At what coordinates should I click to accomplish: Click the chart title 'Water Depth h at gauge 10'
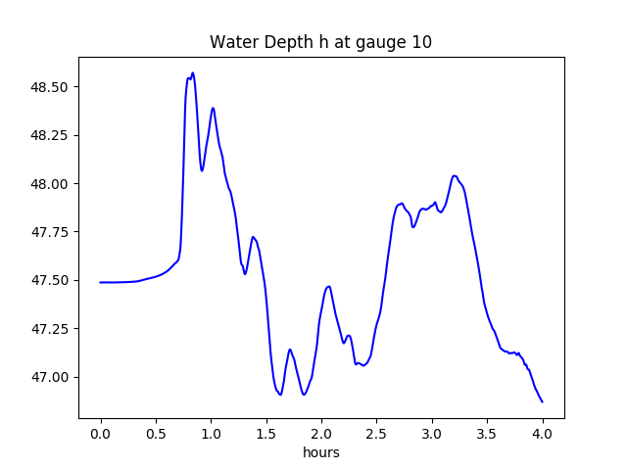(321, 43)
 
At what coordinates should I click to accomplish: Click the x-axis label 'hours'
(321, 453)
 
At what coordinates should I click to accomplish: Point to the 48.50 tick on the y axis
(49, 87)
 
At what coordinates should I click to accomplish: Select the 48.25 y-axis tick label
(49, 135)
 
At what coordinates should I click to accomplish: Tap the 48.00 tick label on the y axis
(49, 184)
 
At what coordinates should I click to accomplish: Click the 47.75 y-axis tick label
(49, 232)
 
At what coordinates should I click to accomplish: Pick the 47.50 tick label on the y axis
(49, 280)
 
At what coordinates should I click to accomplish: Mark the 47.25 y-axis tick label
(49, 329)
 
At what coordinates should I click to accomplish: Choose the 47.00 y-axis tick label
(49, 377)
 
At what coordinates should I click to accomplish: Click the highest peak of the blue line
(193, 72)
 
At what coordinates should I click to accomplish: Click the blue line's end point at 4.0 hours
(543, 401)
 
